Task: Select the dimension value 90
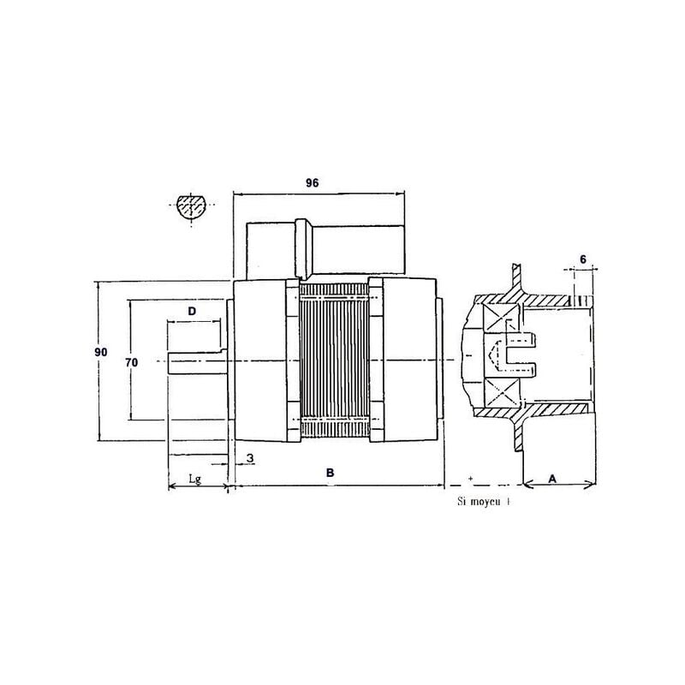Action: pos(101,353)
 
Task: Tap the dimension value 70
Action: pos(132,362)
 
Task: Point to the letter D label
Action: pos(193,308)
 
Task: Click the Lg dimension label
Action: pos(195,479)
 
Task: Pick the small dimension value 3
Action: pos(249,459)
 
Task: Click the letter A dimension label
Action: pos(552,479)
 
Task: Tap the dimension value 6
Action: pos(582,259)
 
